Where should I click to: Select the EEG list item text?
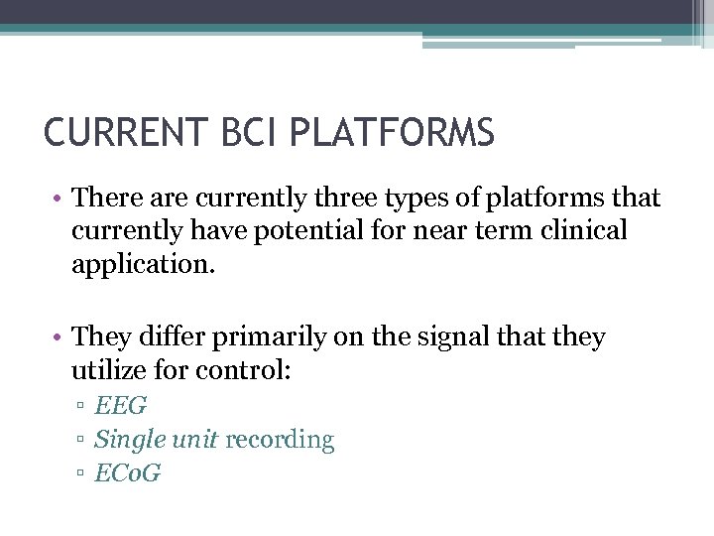click(121, 406)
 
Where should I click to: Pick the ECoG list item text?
click(128, 473)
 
